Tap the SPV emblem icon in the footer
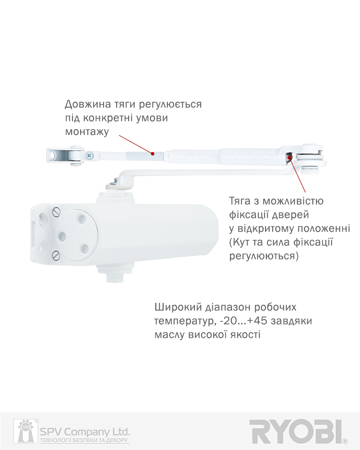pos(24,431)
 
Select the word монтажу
pos(87,132)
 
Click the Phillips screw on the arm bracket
pos(89,155)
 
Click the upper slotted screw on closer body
pos(56,212)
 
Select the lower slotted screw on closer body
pos(56,254)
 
